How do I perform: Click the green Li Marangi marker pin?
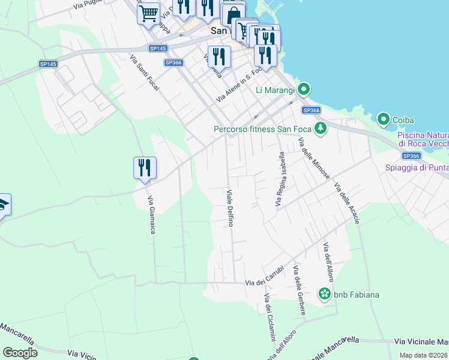pos(304,90)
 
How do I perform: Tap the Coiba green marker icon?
pos(384,120)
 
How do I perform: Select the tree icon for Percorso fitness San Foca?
pos(321,128)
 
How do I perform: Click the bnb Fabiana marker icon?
pos(325,294)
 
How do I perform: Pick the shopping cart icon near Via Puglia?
pos(148,13)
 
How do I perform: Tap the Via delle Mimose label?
pos(313,158)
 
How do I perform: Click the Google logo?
pos(20,353)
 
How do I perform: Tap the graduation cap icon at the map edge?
pos(3,205)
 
